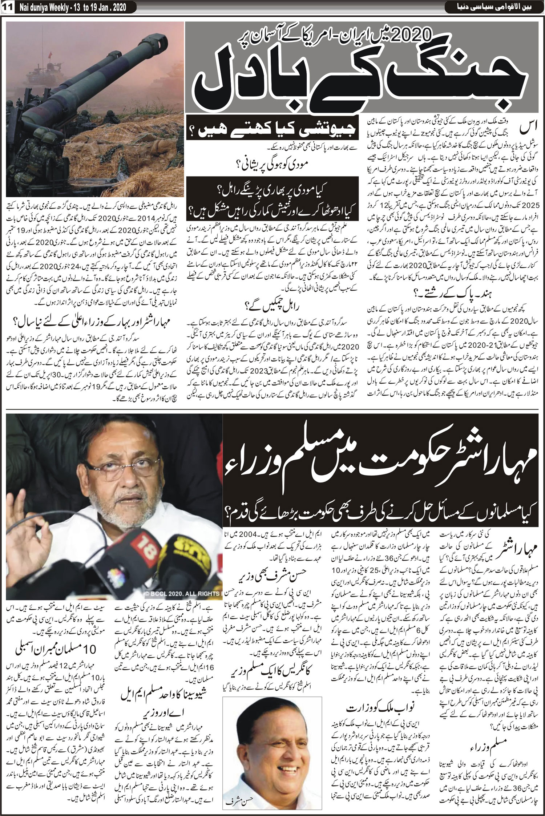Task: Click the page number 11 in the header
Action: point(8,7)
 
